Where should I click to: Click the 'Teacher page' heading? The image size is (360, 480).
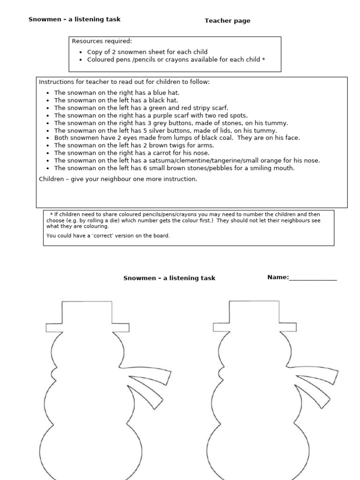tap(227, 21)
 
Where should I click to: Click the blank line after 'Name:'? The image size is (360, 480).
tap(313, 277)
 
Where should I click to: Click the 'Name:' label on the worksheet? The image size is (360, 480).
tap(278, 277)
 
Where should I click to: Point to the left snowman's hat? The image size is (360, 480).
tap(87, 315)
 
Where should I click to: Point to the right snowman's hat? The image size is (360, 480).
tap(255, 315)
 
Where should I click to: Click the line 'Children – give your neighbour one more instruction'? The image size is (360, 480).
tap(118, 179)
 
